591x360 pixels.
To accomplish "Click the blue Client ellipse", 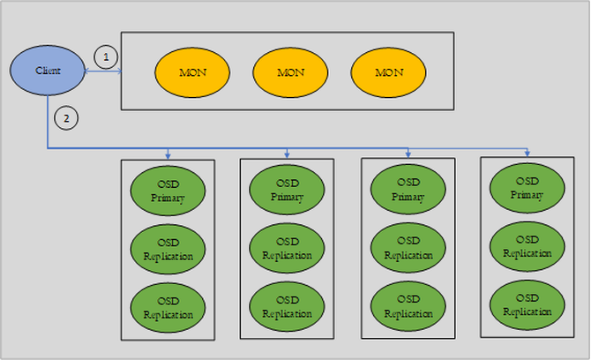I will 47,70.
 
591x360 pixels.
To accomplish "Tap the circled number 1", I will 105,57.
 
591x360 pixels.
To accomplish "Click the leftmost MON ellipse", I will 192,71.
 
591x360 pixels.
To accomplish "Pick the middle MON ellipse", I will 290,71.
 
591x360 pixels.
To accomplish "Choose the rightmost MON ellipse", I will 388,71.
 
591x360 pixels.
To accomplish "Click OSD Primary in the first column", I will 168,191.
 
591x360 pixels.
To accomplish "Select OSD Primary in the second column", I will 288,189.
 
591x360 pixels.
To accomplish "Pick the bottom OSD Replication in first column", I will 168,308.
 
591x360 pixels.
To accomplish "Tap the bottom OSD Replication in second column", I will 288,307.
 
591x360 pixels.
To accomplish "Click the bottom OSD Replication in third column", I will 408,307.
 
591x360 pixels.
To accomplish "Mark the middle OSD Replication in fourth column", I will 527,246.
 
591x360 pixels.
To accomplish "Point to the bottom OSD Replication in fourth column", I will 527,304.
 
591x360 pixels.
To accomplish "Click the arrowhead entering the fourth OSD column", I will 527,154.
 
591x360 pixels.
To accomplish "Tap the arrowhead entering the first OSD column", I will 168,155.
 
